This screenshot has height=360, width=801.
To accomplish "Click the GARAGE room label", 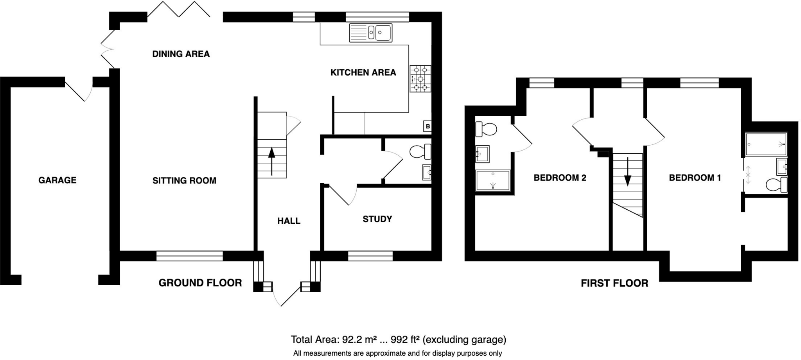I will [x=57, y=180].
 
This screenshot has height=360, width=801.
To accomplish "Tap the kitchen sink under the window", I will [x=370, y=32].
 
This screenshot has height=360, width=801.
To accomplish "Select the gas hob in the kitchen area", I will [x=420, y=79].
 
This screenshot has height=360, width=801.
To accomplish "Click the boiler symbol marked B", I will [x=427, y=126].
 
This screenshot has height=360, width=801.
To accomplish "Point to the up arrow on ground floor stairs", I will [x=271, y=161].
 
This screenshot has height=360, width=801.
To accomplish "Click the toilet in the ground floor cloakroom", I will [x=421, y=152].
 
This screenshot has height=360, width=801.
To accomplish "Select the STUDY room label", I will [x=377, y=219].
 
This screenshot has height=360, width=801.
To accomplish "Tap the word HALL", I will [x=289, y=221].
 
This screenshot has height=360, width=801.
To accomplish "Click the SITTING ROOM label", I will [x=184, y=181].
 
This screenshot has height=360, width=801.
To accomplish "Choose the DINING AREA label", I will [x=181, y=54].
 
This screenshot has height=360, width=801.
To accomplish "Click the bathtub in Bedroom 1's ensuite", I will [x=766, y=144].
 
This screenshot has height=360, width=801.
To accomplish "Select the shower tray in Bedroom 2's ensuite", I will [x=493, y=180].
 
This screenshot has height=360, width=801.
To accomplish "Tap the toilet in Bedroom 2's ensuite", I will [x=486, y=129].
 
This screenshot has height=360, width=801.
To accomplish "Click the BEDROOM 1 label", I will [x=695, y=178].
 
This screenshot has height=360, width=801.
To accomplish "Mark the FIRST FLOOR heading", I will [x=614, y=283].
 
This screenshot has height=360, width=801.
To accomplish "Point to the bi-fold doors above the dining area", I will [x=179, y=10].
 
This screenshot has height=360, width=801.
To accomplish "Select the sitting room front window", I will [x=189, y=256].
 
